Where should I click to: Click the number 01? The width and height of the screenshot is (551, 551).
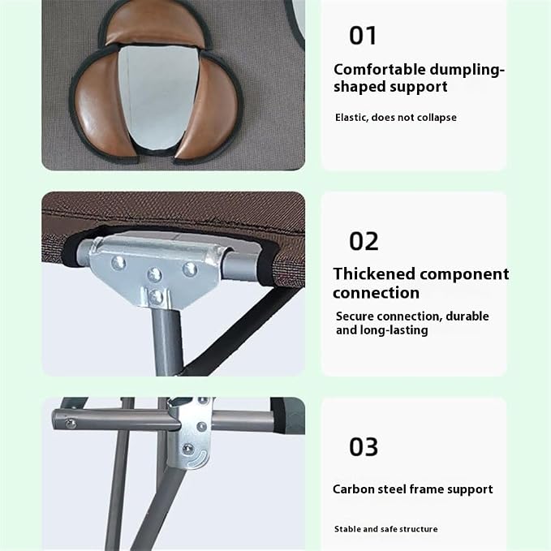click(x=363, y=36)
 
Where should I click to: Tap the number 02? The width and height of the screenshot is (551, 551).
click(x=364, y=241)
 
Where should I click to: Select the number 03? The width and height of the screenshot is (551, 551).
click(x=364, y=446)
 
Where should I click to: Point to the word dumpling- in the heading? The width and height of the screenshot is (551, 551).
click(x=467, y=70)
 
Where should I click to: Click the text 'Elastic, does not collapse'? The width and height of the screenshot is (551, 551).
click(x=396, y=118)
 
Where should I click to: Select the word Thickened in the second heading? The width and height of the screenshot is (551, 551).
click(x=374, y=273)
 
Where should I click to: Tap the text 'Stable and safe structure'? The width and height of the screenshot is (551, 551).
click(x=385, y=529)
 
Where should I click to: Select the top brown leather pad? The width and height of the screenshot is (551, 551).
click(x=156, y=26)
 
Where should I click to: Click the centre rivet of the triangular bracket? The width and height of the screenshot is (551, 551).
click(x=155, y=274)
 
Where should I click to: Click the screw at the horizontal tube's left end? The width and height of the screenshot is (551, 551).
click(x=71, y=424)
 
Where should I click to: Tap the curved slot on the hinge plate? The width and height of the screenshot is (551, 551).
click(x=198, y=459)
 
